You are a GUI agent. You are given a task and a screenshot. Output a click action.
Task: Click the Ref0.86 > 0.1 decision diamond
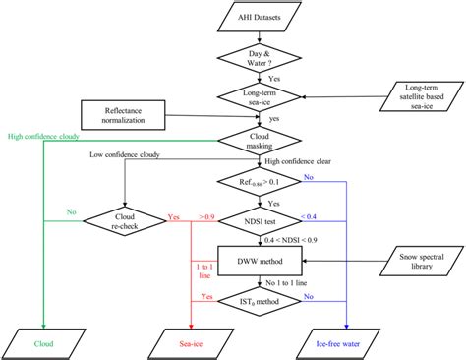click(256, 182)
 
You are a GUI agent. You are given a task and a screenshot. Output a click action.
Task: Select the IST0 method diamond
click(256, 299)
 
